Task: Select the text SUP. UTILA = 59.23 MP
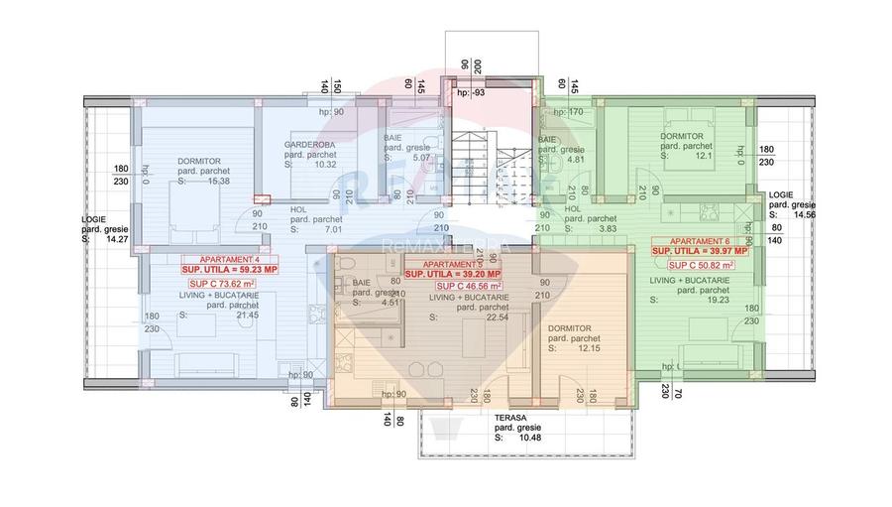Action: point(229,268)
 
